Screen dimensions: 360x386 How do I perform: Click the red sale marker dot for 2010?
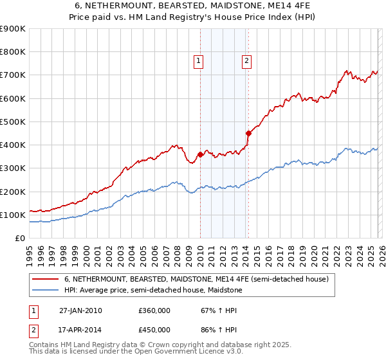(200, 154)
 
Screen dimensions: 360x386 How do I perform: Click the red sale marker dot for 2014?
(248, 133)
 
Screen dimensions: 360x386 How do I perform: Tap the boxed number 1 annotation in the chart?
(198, 61)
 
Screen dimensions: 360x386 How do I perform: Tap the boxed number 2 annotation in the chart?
(246, 61)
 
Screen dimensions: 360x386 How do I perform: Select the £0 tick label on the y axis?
(20, 239)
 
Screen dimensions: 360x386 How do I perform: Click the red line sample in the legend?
(46, 279)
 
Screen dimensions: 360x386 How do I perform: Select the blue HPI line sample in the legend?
(46, 291)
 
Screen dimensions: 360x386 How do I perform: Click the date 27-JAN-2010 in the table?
(80, 310)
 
